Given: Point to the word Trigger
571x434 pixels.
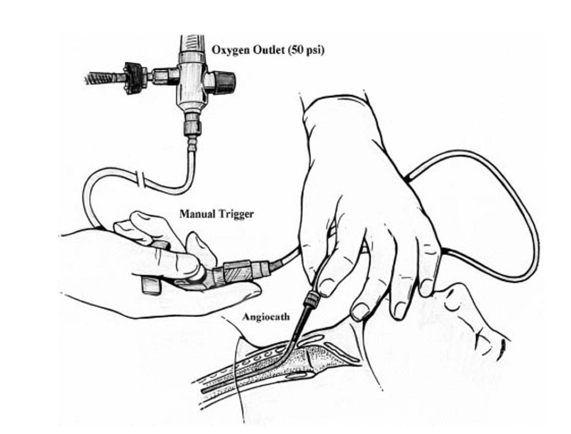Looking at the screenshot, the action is [x=235, y=214].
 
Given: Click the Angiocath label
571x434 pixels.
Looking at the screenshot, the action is [x=266, y=317].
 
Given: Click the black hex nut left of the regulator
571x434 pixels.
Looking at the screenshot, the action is [x=135, y=77].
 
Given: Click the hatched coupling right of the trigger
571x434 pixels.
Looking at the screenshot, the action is [x=237, y=270].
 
